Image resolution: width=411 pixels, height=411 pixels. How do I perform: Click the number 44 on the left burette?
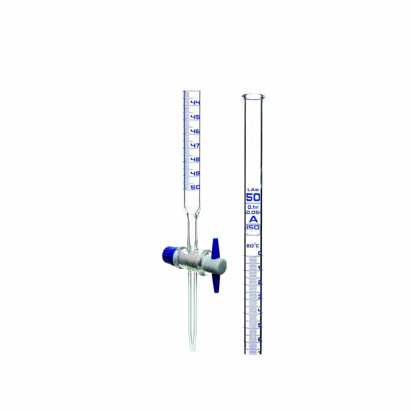pyautogui.click(x=195, y=103)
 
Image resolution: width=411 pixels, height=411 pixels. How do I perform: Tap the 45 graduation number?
pyautogui.click(x=195, y=117)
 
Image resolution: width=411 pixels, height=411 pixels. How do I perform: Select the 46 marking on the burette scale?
pyautogui.click(x=195, y=131)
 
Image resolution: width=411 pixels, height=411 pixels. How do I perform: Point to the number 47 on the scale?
pyautogui.click(x=195, y=145)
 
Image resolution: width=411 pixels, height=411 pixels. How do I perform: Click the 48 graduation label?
pyautogui.click(x=195, y=159)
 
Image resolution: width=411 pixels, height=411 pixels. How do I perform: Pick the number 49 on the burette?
pyautogui.click(x=195, y=173)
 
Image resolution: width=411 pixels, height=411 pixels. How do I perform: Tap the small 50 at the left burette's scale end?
pyautogui.click(x=195, y=187)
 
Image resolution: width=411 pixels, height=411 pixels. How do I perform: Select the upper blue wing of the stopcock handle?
pyautogui.click(x=216, y=247)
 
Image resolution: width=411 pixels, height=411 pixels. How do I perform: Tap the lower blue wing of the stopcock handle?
pyautogui.click(x=216, y=282)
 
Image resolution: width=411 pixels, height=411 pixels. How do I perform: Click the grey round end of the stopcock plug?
pyautogui.click(x=219, y=265)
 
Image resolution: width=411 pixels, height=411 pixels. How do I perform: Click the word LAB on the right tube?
pyautogui.click(x=252, y=189)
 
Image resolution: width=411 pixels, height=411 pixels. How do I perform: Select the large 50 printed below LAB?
pyautogui.click(x=252, y=198)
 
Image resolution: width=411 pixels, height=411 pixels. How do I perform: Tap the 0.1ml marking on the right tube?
pyautogui.click(x=252, y=207)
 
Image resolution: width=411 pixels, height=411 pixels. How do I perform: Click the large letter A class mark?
pyautogui.click(x=252, y=219)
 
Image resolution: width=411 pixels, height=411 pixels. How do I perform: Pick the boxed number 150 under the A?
pyautogui.click(x=252, y=227)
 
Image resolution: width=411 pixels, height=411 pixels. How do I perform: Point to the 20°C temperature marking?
pyautogui.click(x=252, y=246)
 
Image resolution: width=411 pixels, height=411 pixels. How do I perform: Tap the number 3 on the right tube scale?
pyautogui.click(x=260, y=297)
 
